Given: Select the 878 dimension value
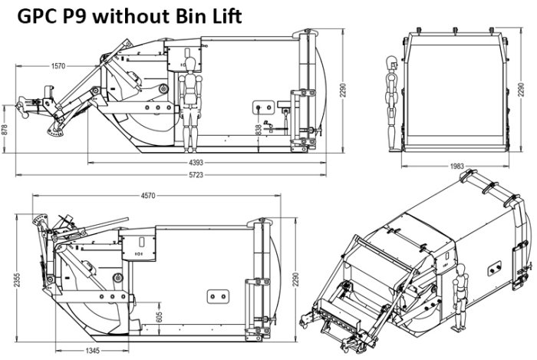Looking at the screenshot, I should tap(5, 130).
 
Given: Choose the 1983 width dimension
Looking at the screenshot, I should tap(457, 166).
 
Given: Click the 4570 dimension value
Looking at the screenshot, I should tap(148, 196).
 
